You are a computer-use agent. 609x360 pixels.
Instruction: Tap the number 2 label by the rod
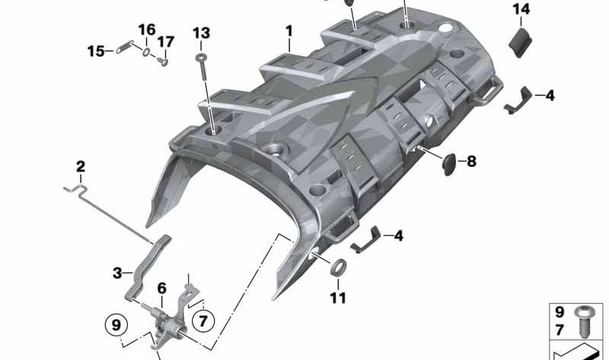coord(81,167)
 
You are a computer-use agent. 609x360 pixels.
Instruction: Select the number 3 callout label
coord(117,272)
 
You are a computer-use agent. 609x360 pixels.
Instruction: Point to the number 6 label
coord(161,288)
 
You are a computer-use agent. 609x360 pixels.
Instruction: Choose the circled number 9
coord(116,325)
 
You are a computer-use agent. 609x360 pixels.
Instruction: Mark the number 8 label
coord(471,161)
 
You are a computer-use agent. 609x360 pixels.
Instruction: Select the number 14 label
coord(521,9)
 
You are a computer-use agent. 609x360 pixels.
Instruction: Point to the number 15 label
coord(96,51)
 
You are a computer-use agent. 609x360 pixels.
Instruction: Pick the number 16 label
coord(146,30)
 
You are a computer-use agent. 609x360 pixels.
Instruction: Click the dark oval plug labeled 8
coord(448,161)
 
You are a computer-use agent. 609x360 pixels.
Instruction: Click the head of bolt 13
coord(201,57)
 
